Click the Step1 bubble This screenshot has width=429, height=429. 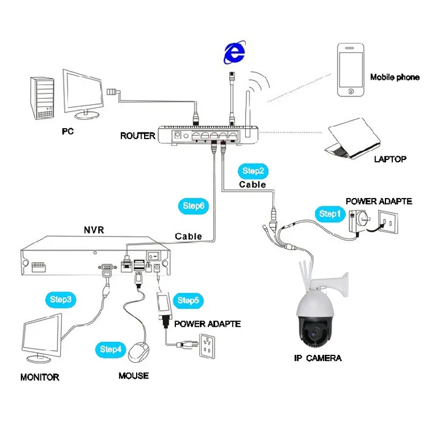point(328,214)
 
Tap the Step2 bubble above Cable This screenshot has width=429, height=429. point(252,171)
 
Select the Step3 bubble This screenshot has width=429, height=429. point(61,300)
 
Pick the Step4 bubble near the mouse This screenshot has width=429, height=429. point(111,349)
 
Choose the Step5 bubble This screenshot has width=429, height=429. point(188,300)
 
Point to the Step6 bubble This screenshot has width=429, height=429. point(194,206)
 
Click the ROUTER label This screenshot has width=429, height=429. point(138,135)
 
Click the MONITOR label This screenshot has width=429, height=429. point(40,377)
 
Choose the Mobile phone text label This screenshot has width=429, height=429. point(395,78)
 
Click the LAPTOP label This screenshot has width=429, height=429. point(390,159)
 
